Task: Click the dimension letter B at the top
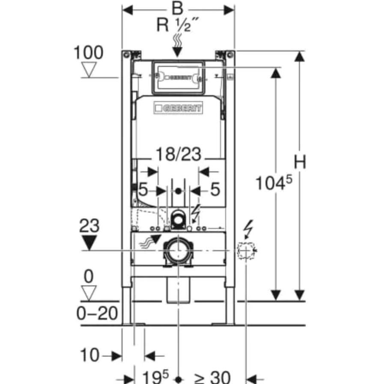[x=178, y=8]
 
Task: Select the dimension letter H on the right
[x=300, y=162]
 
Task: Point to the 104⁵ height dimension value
[x=274, y=183]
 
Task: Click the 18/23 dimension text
[x=178, y=154]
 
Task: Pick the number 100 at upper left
[x=89, y=53]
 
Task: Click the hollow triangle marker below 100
[x=89, y=69]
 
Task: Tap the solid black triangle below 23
[x=89, y=243]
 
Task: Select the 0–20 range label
[x=97, y=313]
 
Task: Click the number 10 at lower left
[x=90, y=355]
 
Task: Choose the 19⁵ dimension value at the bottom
[x=153, y=377]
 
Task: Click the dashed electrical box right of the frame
[x=246, y=250]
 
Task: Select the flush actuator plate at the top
[x=178, y=78]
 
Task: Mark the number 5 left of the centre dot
[x=144, y=189]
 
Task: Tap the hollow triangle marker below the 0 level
[x=89, y=293]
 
